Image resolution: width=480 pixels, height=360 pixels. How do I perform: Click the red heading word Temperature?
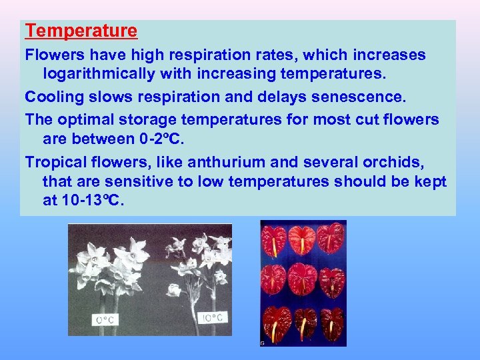(x=81, y=31)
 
